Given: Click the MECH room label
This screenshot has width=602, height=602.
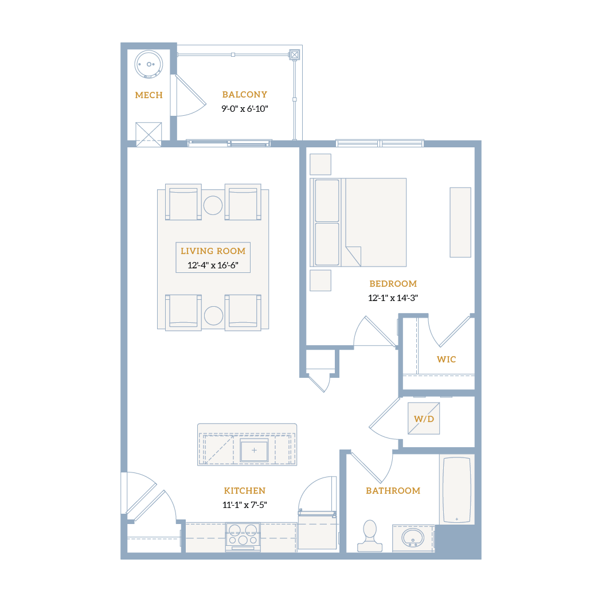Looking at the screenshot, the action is (148, 95).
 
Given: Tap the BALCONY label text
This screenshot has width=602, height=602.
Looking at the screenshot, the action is (245, 95).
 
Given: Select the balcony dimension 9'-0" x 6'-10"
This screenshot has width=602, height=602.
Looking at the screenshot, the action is (245, 109).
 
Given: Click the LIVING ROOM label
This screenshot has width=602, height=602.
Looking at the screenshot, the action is (213, 251).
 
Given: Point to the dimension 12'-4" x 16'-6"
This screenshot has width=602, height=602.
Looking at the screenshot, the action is (213, 265).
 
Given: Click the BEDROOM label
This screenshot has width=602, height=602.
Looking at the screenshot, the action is (393, 284).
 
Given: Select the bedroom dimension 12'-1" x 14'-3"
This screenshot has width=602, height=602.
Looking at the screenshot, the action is (393, 298).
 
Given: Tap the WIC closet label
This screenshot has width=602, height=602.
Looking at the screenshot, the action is (446, 359).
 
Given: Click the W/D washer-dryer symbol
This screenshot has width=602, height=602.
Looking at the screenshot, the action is (424, 419).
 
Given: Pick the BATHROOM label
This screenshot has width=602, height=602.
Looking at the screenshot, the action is (393, 491).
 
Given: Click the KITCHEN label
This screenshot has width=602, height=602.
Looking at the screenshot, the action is (245, 491).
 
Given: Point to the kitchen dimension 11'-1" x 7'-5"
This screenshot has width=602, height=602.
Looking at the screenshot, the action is (245, 505).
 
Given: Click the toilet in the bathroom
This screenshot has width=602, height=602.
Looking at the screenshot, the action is (370, 536).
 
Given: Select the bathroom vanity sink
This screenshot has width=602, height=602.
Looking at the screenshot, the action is (413, 538).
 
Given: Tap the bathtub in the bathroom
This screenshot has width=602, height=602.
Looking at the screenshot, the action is (457, 490).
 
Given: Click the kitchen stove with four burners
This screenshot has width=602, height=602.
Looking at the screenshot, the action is (243, 537).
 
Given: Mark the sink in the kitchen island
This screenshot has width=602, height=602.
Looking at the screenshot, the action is (254, 450).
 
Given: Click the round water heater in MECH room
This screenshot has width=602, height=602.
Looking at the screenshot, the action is (148, 64).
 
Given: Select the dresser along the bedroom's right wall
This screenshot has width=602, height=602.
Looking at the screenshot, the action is (460, 222).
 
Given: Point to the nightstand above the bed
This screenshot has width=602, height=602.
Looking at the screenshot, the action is (320, 165).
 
